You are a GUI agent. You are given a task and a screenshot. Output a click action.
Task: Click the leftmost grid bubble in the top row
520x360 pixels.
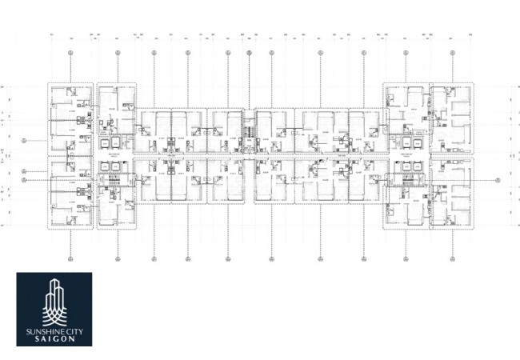pos(70,52)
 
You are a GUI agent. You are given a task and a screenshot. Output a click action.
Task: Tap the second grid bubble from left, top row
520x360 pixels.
pos(117,52)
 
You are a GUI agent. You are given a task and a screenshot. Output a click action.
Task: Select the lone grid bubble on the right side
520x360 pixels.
pos(497,178)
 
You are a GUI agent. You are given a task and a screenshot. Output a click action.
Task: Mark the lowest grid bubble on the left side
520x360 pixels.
pos(25,181)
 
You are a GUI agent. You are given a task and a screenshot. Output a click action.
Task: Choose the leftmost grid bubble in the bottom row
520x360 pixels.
pos(70,258)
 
